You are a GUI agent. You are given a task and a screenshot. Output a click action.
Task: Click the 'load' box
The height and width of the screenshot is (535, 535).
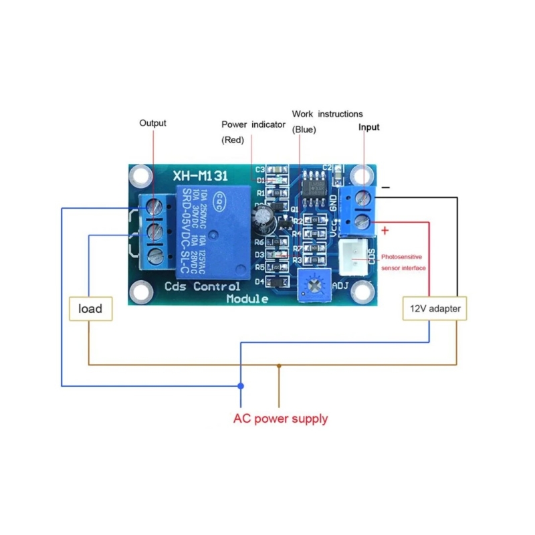tap(90, 308)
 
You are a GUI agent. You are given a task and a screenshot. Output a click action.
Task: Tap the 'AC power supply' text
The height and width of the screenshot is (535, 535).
tap(280, 419)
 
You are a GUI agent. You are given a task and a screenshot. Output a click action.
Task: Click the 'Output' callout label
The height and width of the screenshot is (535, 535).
tap(152, 123)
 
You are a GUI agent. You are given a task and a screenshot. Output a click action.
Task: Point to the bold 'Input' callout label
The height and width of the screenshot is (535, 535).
tap(368, 127)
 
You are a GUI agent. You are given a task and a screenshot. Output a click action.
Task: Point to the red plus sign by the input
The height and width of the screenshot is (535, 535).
tap(386, 231)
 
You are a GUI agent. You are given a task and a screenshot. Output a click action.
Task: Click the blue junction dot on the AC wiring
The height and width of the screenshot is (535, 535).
tap(241, 386)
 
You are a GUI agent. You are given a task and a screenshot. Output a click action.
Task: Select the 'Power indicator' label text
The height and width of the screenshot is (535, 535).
tap(253, 125)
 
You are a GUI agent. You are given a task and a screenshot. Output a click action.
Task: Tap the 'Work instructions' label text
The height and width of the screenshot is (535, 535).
tap(328, 114)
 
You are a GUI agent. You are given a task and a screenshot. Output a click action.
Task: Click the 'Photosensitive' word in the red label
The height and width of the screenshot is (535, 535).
tap(402, 256)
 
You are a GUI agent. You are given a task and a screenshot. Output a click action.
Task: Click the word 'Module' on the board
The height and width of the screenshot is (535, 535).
tap(247, 299)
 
